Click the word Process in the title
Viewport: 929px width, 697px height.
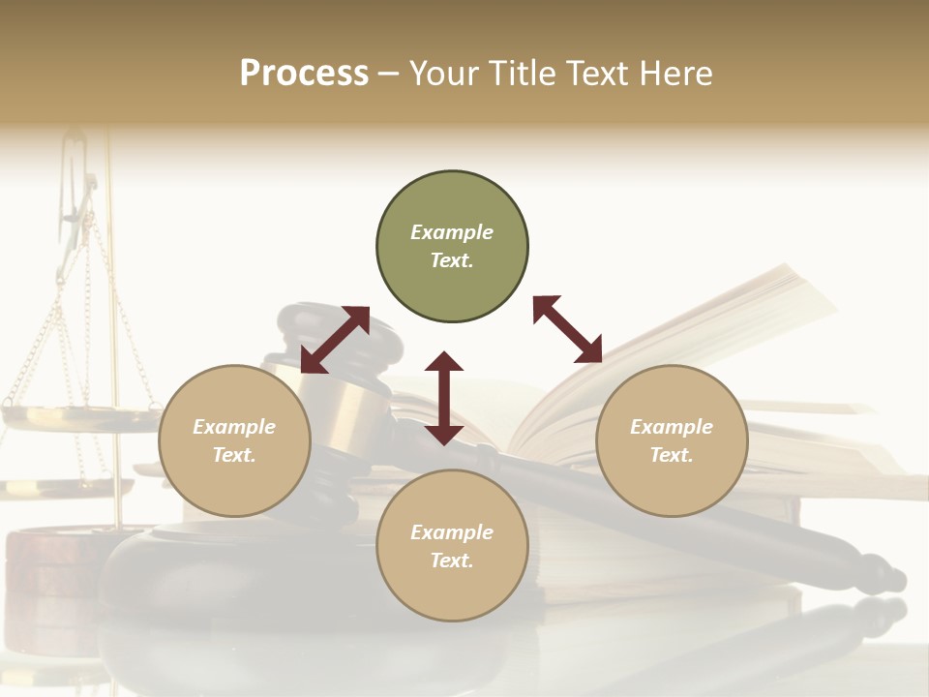tap(304, 74)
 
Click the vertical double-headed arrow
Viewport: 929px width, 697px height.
tap(444, 398)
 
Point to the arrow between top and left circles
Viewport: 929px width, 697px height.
tap(335, 340)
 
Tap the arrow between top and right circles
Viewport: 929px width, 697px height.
tap(567, 329)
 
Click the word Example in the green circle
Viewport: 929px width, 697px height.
tap(452, 232)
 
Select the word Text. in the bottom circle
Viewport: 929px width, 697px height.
tap(452, 561)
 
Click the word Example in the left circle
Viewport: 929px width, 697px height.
tap(234, 427)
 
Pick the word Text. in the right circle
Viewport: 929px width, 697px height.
tap(672, 455)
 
